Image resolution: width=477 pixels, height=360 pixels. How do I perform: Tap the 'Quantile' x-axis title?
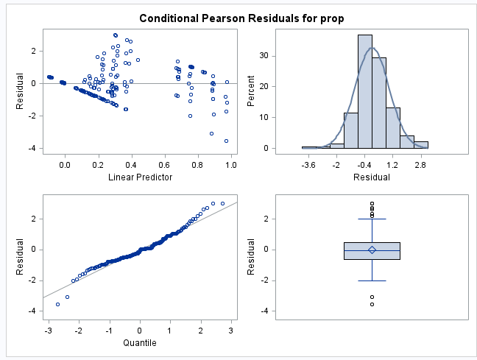pyautogui.click(x=140, y=342)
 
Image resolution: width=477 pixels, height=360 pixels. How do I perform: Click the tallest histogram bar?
pyautogui.click(x=365, y=91)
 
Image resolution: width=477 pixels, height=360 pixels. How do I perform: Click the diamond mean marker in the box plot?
pyautogui.click(x=372, y=250)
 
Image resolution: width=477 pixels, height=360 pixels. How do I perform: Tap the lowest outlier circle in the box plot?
pyautogui.click(x=372, y=304)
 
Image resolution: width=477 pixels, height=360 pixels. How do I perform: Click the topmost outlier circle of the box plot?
pyautogui.click(x=372, y=203)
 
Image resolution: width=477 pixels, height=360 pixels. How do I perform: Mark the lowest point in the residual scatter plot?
pyautogui.click(x=226, y=141)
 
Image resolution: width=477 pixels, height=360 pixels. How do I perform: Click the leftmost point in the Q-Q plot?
pyautogui.click(x=58, y=304)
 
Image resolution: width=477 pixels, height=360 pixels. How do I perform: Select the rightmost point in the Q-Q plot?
pyautogui.click(x=222, y=203)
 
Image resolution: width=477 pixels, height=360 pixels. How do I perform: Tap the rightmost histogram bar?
pyautogui.click(x=421, y=144)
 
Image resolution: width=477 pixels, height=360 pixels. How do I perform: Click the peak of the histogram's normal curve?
pyautogui.click(x=372, y=49)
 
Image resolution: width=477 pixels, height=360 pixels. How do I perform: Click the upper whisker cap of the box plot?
pyautogui.click(x=372, y=219)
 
